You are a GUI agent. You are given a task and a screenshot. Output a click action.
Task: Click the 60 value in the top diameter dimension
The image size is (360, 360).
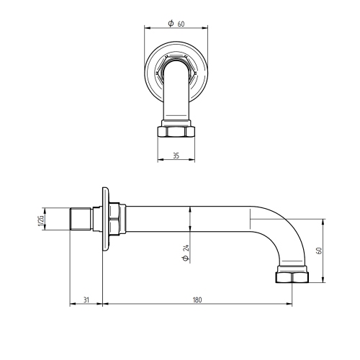[181, 23]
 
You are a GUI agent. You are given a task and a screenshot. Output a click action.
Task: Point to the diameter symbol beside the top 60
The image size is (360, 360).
[170, 23]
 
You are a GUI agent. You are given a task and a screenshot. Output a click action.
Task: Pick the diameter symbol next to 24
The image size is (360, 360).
[186, 257]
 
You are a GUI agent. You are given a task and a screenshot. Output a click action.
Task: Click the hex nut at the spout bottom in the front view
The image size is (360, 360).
[176, 132]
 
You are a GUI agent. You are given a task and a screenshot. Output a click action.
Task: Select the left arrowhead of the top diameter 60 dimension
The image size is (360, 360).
[147, 29]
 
